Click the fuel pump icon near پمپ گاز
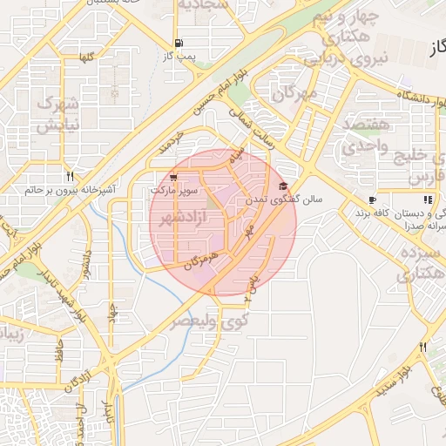point(179,43)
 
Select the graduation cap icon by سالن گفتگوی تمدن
point(283,186)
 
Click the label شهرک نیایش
point(58,113)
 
